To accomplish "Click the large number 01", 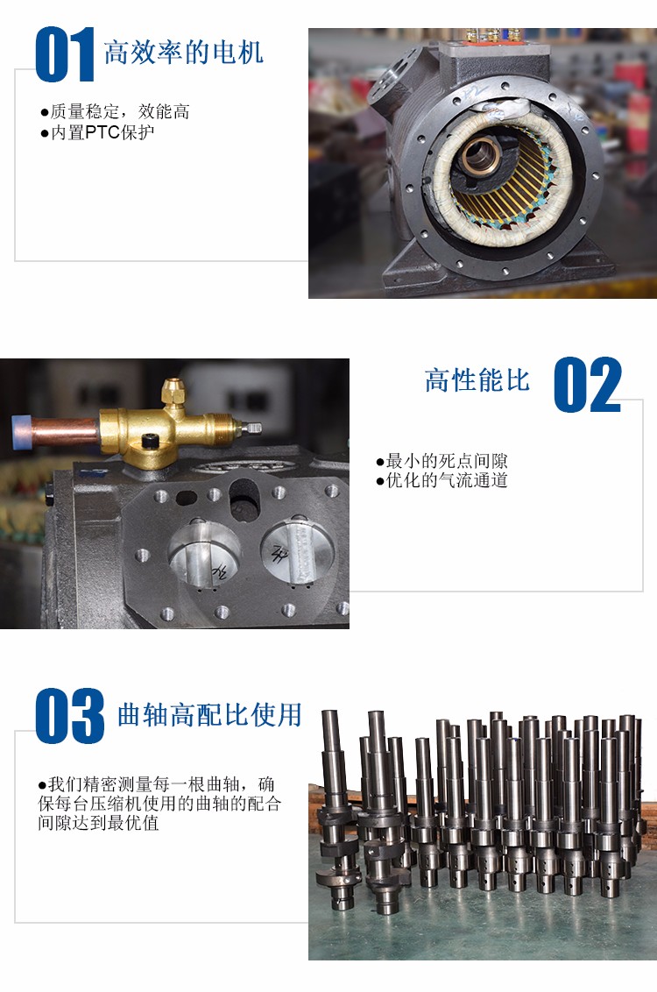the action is click(65, 54).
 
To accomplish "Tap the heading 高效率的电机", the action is click(183, 53).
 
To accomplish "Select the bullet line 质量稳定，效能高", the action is click(115, 112).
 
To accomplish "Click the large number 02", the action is click(588, 385).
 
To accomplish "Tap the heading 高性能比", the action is click(477, 381).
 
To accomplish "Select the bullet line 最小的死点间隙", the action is click(442, 461).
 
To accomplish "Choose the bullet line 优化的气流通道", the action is click(442, 480).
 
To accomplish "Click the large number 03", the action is click(69, 716).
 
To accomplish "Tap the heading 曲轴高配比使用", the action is click(209, 715).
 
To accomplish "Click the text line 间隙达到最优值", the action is click(98, 823).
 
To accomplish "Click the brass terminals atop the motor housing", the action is click(494, 34).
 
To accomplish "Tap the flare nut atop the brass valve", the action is click(172, 393).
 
